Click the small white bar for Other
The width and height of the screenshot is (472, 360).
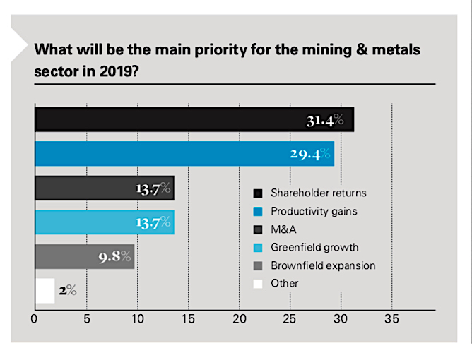(45, 290)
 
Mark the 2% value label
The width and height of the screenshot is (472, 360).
(68, 290)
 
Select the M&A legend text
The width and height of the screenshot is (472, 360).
(283, 229)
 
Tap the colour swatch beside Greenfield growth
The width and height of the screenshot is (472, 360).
(257, 248)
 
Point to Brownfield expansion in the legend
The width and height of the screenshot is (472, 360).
(323, 265)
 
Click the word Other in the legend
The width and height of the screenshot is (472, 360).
(285, 283)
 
